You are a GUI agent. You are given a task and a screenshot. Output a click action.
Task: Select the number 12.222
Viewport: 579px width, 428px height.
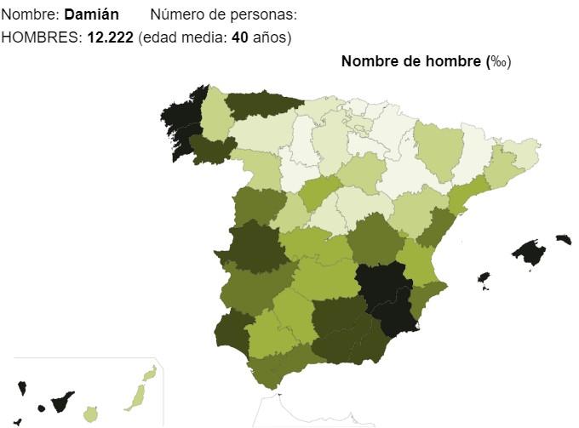click(110, 37)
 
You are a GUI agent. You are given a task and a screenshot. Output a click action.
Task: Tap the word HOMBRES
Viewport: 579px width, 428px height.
click(41, 37)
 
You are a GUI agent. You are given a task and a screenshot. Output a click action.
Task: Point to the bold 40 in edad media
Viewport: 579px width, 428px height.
click(239, 37)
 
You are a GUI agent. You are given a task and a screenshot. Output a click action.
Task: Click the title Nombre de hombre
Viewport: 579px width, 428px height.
click(411, 61)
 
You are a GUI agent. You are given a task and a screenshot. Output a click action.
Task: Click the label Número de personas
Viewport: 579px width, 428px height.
click(224, 15)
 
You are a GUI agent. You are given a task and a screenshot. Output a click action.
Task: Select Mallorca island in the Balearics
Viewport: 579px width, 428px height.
click(530, 253)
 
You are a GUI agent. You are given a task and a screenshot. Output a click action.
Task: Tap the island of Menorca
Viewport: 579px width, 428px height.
click(563, 239)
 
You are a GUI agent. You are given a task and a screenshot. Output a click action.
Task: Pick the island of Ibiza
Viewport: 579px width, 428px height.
click(484, 279)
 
